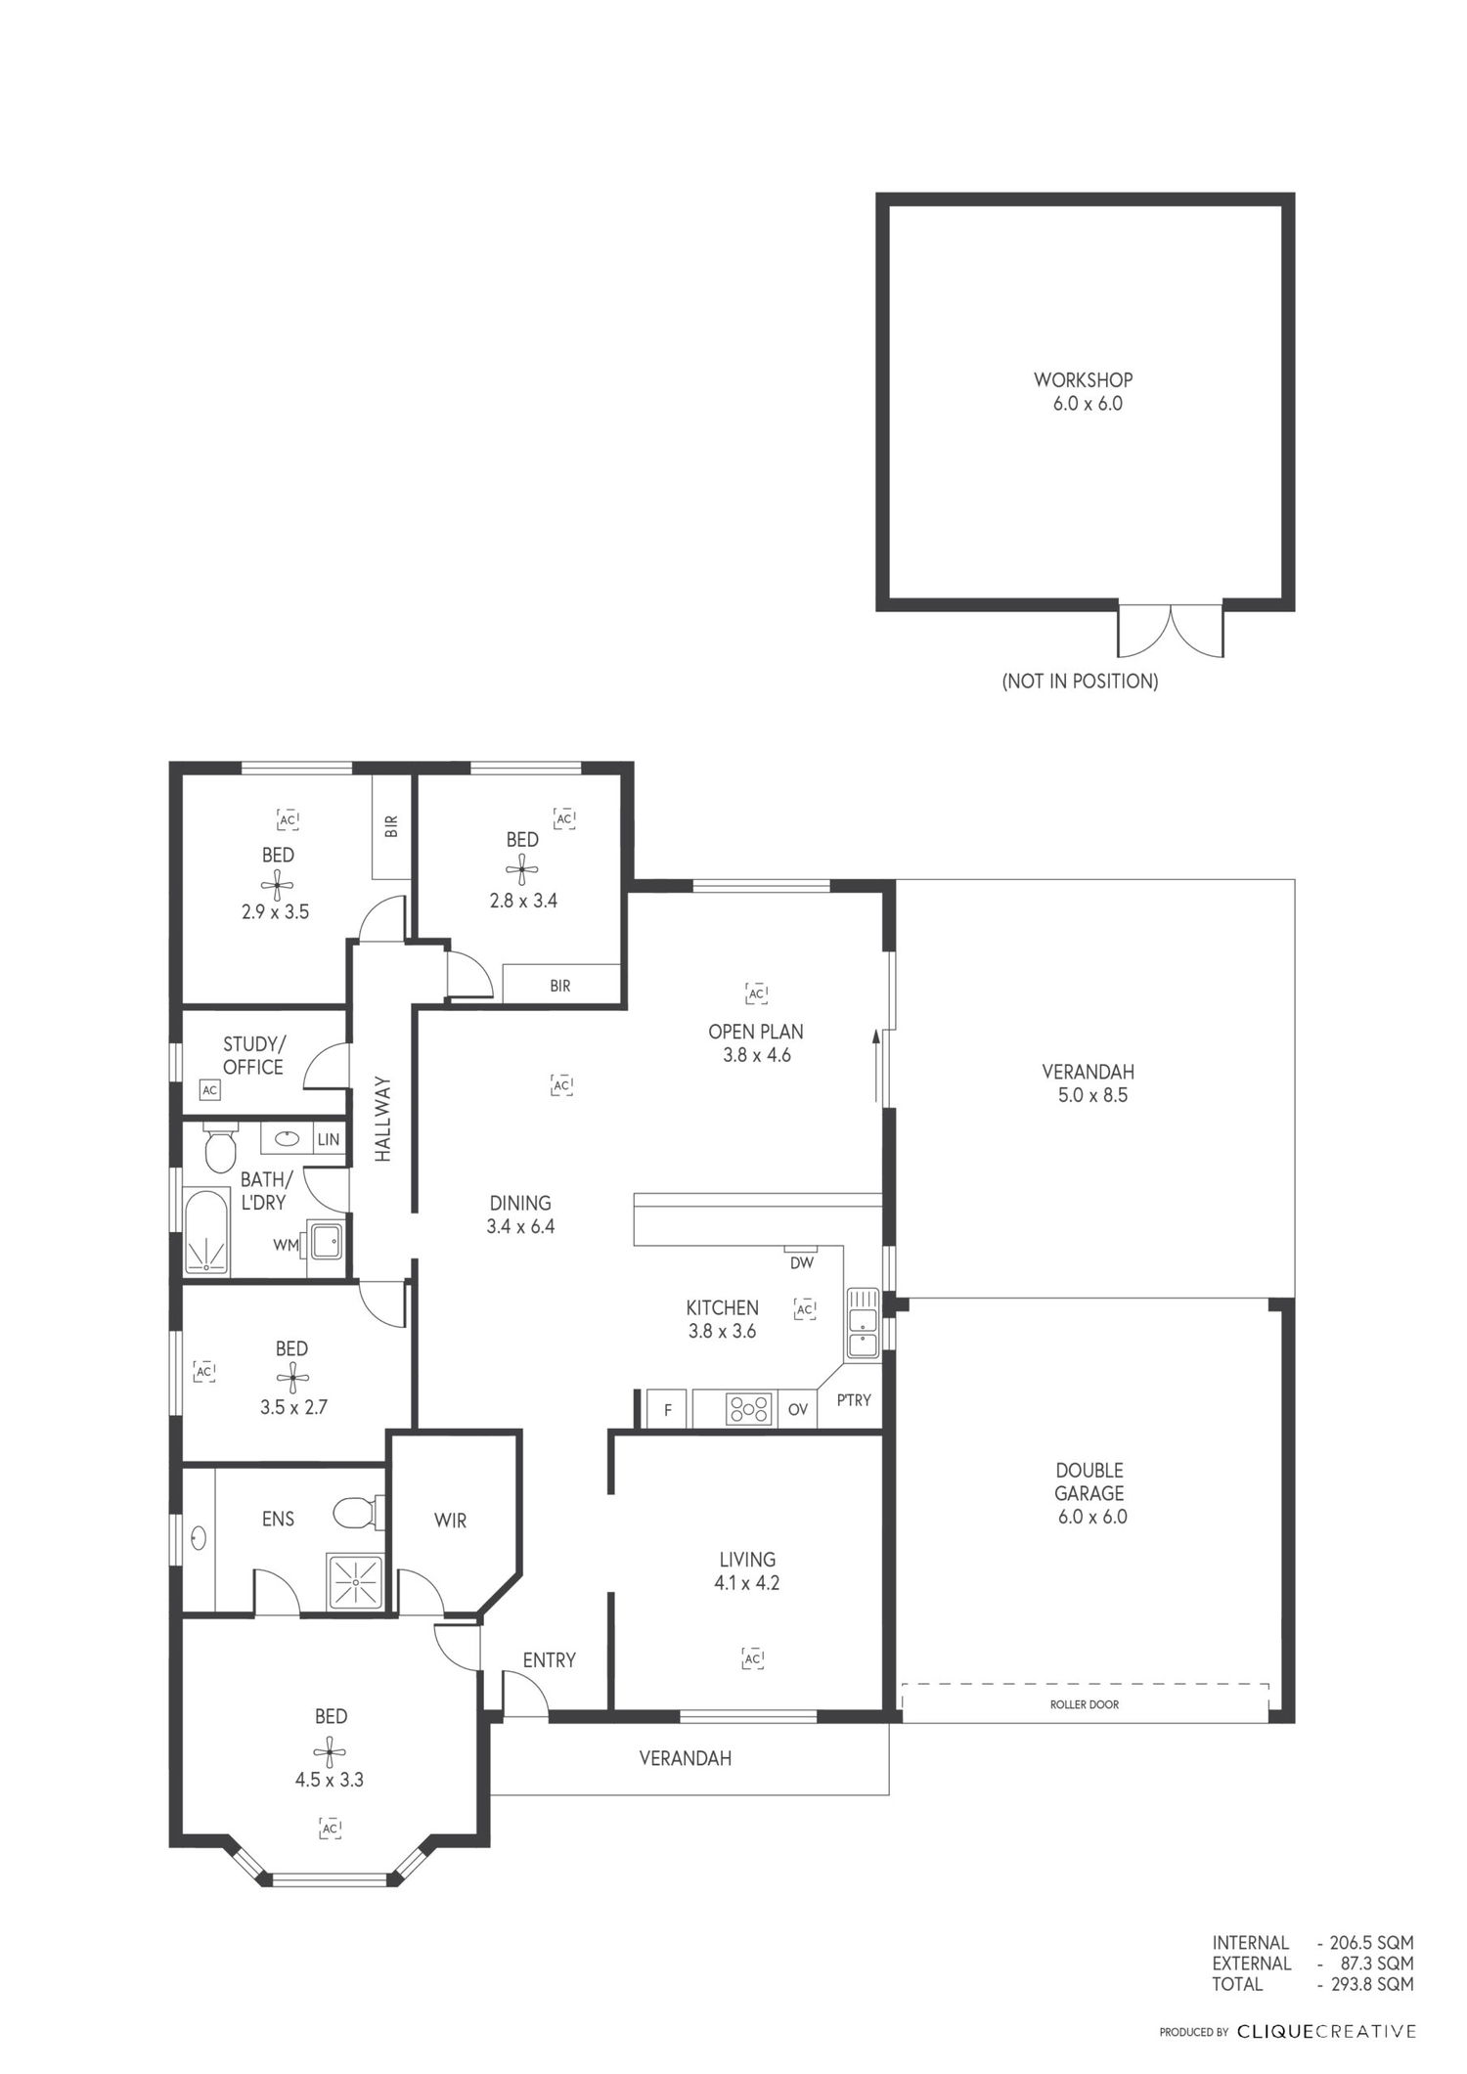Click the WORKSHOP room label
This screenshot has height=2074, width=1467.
click(x=1083, y=379)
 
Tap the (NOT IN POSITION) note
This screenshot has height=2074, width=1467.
click(x=1080, y=682)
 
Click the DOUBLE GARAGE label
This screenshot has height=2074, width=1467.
click(x=1089, y=1481)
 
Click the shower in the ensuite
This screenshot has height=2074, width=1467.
click(x=356, y=1581)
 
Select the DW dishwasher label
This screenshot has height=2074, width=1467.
click(x=802, y=1262)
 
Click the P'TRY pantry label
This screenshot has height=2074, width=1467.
click(x=854, y=1399)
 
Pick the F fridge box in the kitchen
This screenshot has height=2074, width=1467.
click(x=669, y=1410)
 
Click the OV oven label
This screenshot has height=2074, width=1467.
click(x=798, y=1410)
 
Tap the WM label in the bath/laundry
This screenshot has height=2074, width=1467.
click(x=286, y=1245)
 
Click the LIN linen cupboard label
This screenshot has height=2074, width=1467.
click(x=329, y=1139)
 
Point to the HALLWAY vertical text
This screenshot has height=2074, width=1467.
click(x=382, y=1119)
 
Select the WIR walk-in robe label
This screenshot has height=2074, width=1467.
click(x=450, y=1521)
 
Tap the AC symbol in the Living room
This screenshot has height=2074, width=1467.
click(x=752, y=1658)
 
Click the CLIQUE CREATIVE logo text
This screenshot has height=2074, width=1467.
click(x=1326, y=2032)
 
